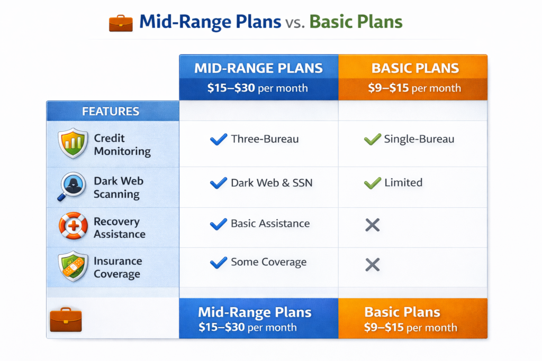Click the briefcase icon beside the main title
point(121,23)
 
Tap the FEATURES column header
point(111,112)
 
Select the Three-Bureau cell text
point(265,140)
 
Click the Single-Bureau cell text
point(419,140)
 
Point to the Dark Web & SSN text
point(272,183)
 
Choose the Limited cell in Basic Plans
point(403,183)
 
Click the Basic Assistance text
point(270,223)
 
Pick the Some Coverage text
point(268,262)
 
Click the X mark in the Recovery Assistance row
point(373,225)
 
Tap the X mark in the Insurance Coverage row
point(373,264)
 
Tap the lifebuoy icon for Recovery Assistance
point(73,226)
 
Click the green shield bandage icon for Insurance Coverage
point(73,266)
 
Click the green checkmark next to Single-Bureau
point(373,140)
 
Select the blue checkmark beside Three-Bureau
point(218,140)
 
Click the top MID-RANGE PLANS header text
point(258,68)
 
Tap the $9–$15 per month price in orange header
point(414,88)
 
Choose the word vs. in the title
point(295,23)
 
